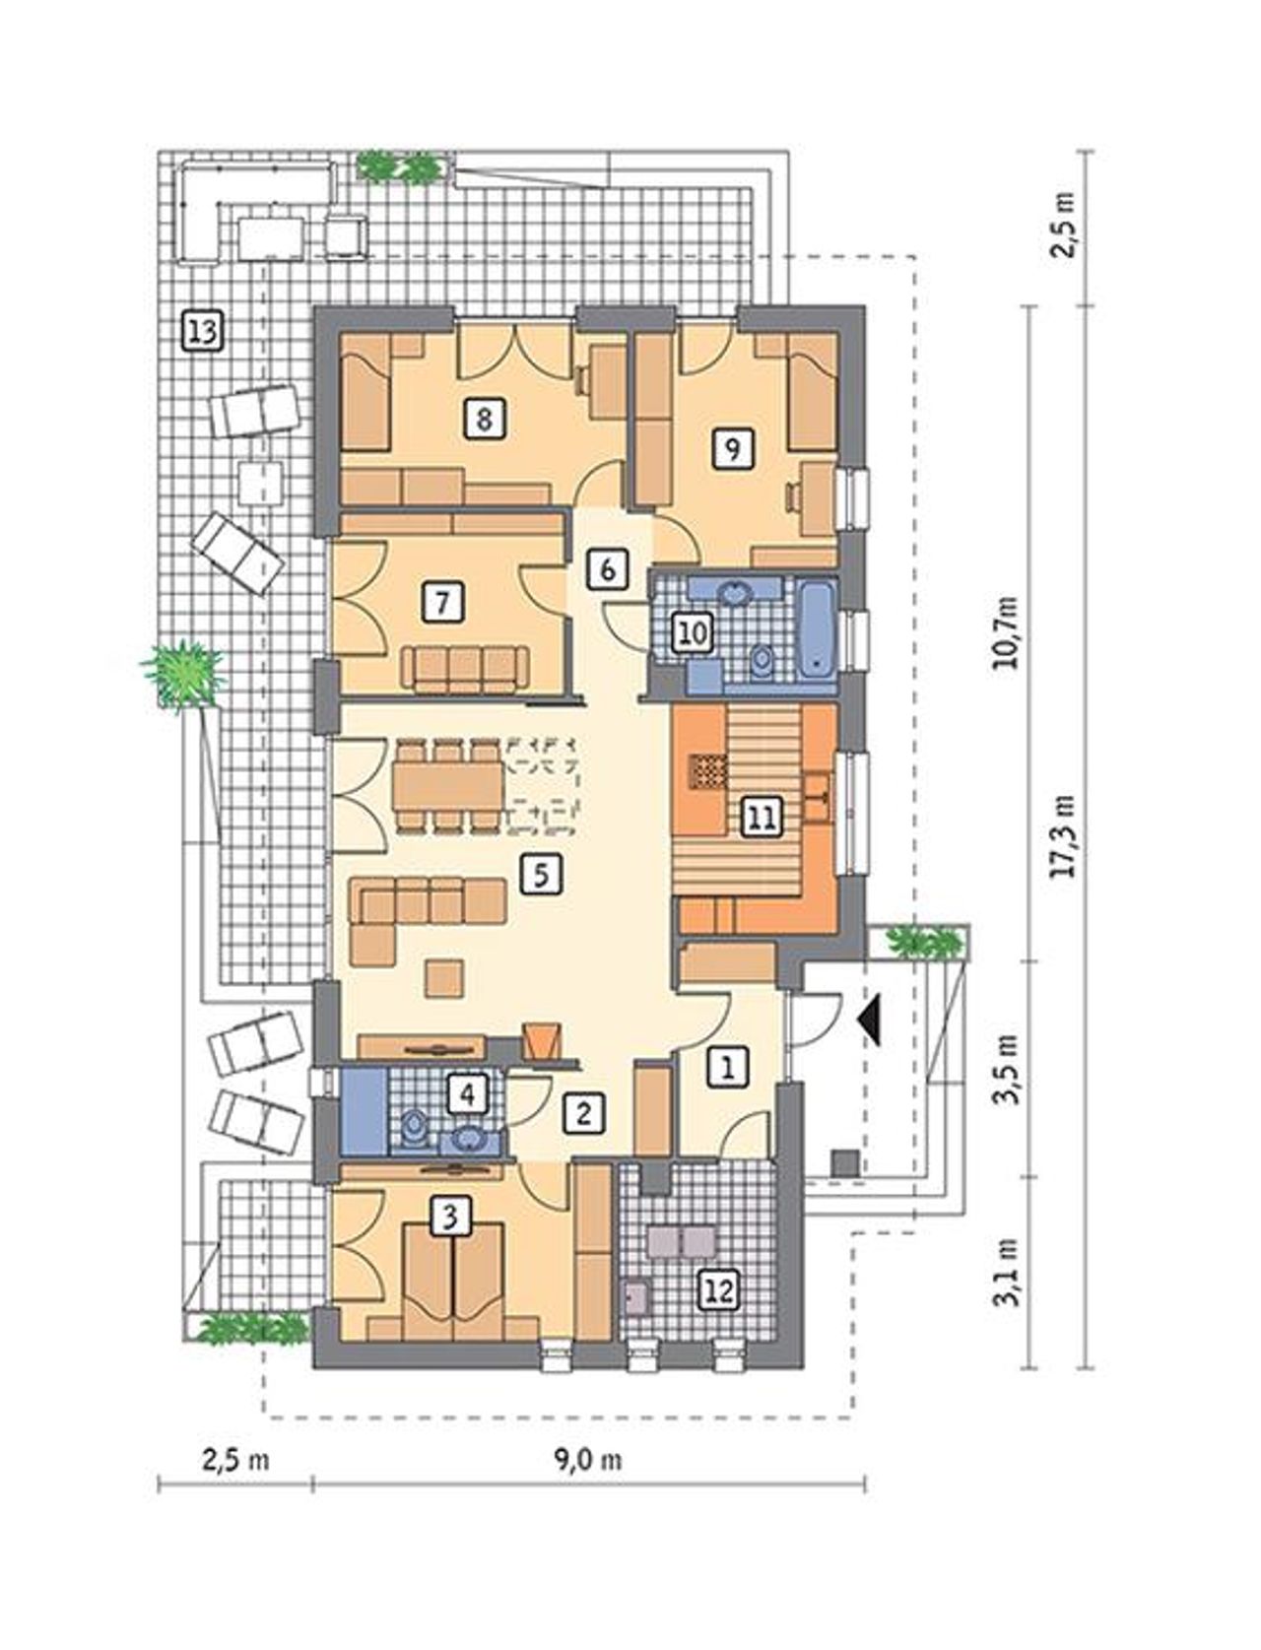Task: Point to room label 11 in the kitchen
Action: (762, 818)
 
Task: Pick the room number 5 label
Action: (542, 874)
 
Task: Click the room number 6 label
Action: (608, 569)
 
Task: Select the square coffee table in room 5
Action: (443, 979)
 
